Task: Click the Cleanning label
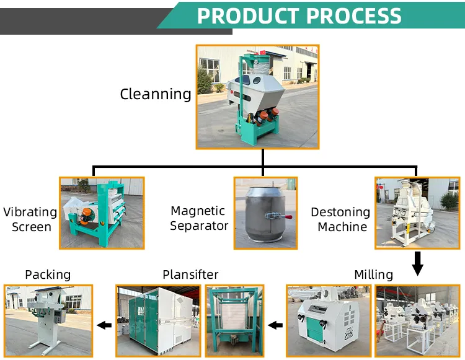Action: [x=155, y=94]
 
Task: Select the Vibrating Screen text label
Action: [x=30, y=219]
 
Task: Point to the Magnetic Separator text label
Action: [x=199, y=219]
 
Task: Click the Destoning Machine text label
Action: [x=340, y=219]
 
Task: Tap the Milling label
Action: [x=373, y=274]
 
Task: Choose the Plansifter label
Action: [x=190, y=274]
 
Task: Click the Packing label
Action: [x=48, y=274]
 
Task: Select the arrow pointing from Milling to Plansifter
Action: [x=276, y=325]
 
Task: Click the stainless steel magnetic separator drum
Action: [x=265, y=214]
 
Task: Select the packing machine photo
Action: [x=48, y=320]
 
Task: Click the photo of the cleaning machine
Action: [x=257, y=97]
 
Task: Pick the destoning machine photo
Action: [x=417, y=213]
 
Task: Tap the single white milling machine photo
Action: [x=327, y=320]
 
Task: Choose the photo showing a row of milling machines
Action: [x=417, y=320]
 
